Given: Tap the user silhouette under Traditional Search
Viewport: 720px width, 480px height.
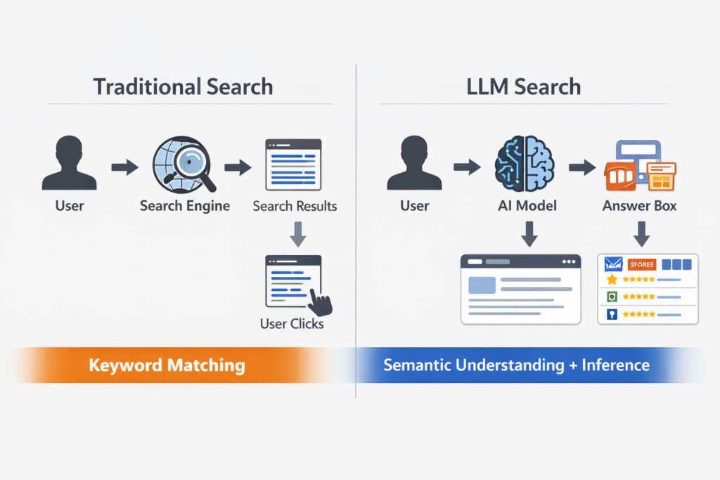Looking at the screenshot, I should click(69, 165).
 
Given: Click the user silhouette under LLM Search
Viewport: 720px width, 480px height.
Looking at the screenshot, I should click(415, 165).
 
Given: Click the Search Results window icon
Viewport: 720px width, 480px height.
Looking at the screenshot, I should click(293, 164).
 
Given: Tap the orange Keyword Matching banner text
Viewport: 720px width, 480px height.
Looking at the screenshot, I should click(167, 365).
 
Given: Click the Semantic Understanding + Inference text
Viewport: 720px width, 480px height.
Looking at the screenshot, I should click(517, 365).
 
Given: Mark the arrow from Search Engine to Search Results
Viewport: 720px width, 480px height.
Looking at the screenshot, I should click(238, 167).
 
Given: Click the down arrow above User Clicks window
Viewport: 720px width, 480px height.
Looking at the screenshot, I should click(298, 235).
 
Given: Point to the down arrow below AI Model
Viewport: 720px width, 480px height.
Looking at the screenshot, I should click(529, 233).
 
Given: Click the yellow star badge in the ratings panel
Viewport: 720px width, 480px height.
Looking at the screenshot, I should click(612, 280).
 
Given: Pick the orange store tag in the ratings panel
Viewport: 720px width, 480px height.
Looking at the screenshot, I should click(641, 264).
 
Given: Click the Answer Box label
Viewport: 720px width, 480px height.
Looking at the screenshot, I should click(639, 206).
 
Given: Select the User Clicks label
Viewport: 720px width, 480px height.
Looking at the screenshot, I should click(292, 324).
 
